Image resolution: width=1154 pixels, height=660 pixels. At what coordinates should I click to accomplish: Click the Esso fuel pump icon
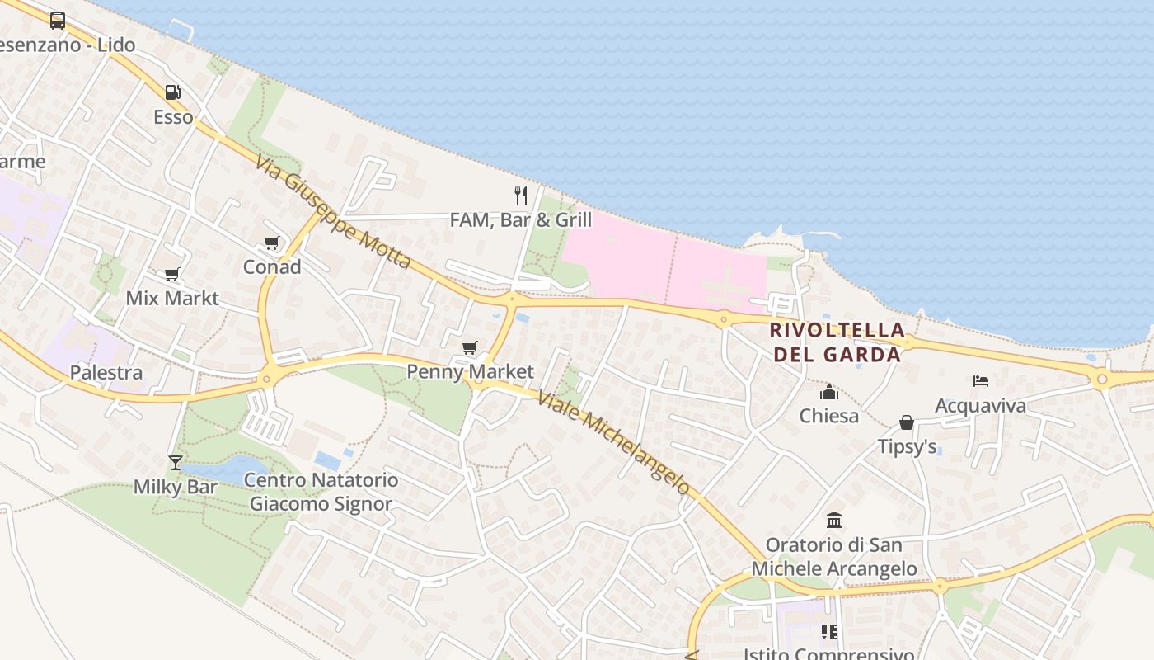point(172,92)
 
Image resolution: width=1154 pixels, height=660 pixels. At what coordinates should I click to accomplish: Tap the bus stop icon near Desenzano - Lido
point(58,21)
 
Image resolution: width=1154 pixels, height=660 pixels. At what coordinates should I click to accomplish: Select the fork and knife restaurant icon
point(520,196)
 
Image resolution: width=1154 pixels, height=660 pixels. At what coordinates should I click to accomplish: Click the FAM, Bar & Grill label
point(520,219)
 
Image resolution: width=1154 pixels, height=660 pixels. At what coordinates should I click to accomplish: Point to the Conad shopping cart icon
point(271,243)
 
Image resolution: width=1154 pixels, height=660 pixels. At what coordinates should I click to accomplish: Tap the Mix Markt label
point(172,298)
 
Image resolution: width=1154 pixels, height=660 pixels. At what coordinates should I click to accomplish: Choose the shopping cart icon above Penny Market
point(470,348)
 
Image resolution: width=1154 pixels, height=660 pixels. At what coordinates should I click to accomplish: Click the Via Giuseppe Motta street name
point(332,212)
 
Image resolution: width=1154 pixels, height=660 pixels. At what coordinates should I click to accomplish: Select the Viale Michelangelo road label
point(613,442)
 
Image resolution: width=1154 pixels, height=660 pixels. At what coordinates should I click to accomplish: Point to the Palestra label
point(106,373)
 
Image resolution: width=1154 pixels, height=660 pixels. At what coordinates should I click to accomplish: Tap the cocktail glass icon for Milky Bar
point(175,462)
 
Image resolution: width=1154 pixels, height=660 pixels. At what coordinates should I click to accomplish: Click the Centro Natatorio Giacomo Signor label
point(321,492)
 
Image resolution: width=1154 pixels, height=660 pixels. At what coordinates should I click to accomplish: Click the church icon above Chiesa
point(829,392)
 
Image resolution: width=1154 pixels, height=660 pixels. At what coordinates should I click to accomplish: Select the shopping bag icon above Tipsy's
point(907,422)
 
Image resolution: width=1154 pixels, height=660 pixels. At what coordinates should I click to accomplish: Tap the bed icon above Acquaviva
point(980,381)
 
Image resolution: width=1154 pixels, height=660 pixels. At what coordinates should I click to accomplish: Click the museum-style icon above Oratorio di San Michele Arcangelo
point(834,521)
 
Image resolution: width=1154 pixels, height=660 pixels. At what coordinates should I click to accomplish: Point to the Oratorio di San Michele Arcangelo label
point(834,557)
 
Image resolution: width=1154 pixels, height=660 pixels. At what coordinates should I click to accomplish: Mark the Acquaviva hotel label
point(980,406)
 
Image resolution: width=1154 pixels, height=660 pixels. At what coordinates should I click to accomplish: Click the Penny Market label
point(470,372)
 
